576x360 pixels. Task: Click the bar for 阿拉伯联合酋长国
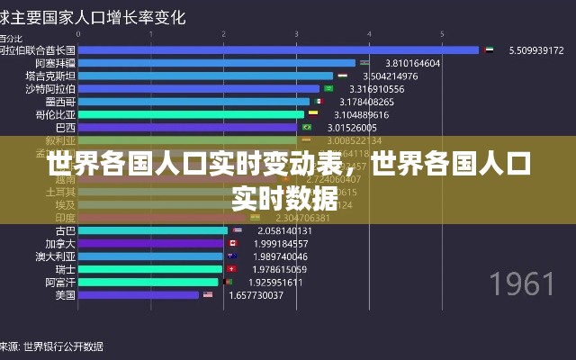click(279, 50)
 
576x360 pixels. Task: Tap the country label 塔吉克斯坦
click(50, 76)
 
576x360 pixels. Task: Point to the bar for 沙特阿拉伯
click(199, 88)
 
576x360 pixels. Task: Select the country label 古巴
click(66, 230)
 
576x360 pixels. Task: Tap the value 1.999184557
click(282, 243)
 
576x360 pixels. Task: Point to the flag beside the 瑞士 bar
click(231, 269)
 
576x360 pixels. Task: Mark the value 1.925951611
click(274, 282)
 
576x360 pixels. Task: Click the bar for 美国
click(139, 294)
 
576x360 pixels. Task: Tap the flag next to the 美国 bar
click(208, 294)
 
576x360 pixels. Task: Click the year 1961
click(522, 284)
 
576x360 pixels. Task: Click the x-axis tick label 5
click(443, 34)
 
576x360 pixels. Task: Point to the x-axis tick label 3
click(297, 34)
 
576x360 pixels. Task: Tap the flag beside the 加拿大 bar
click(233, 243)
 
